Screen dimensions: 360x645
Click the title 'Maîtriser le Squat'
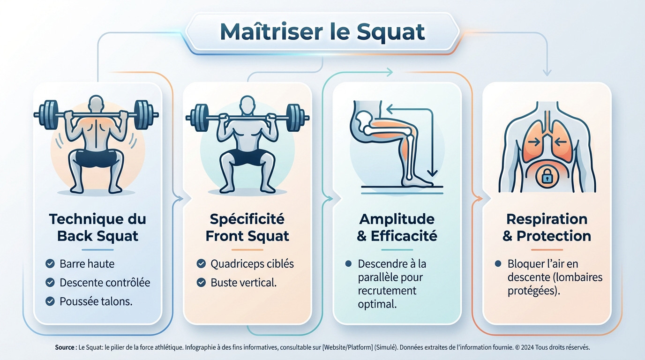[x=322, y=32]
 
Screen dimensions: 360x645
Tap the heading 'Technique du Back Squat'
[x=97, y=227]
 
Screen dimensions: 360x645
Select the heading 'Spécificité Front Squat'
[x=247, y=227]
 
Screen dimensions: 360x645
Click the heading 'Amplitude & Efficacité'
[x=397, y=227]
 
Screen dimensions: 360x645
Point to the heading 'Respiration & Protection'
[x=547, y=227]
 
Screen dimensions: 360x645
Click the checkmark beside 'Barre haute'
[x=50, y=264]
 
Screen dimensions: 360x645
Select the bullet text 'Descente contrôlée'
[x=105, y=283]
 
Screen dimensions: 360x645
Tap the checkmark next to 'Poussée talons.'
[x=50, y=301]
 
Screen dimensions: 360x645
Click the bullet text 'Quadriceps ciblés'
[x=252, y=264]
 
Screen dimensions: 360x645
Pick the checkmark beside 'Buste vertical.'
[x=201, y=283]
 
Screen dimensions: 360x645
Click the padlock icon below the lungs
[x=547, y=176]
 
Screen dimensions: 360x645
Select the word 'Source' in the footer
[x=65, y=347]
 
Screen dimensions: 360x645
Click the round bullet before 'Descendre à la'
[x=348, y=264]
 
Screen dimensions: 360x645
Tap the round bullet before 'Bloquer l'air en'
[x=498, y=264]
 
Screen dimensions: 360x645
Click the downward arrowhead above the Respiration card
[x=547, y=73]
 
